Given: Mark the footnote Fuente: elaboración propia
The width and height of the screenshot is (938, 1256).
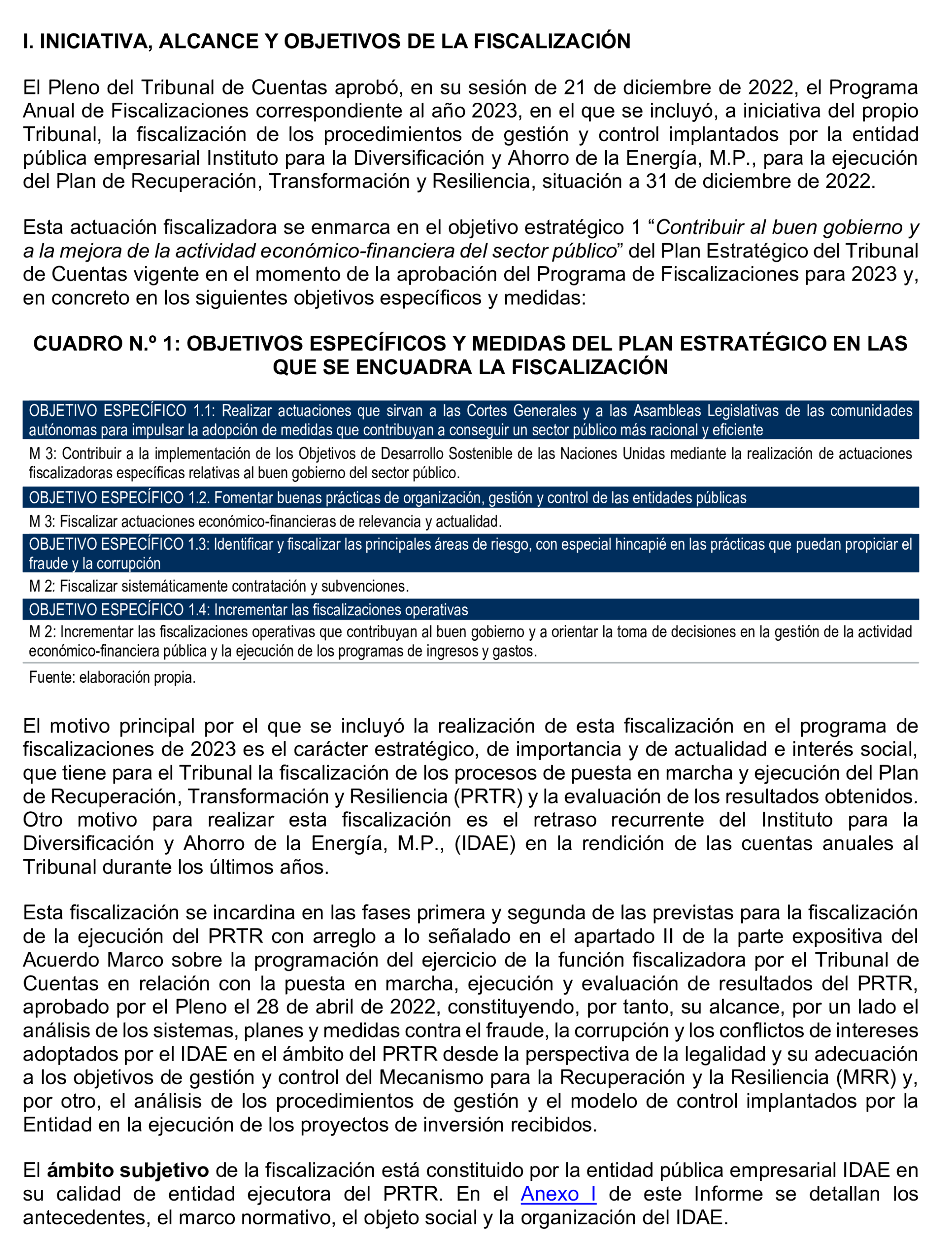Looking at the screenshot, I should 112,677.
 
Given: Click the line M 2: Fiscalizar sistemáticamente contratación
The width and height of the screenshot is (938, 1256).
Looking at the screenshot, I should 218,586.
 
